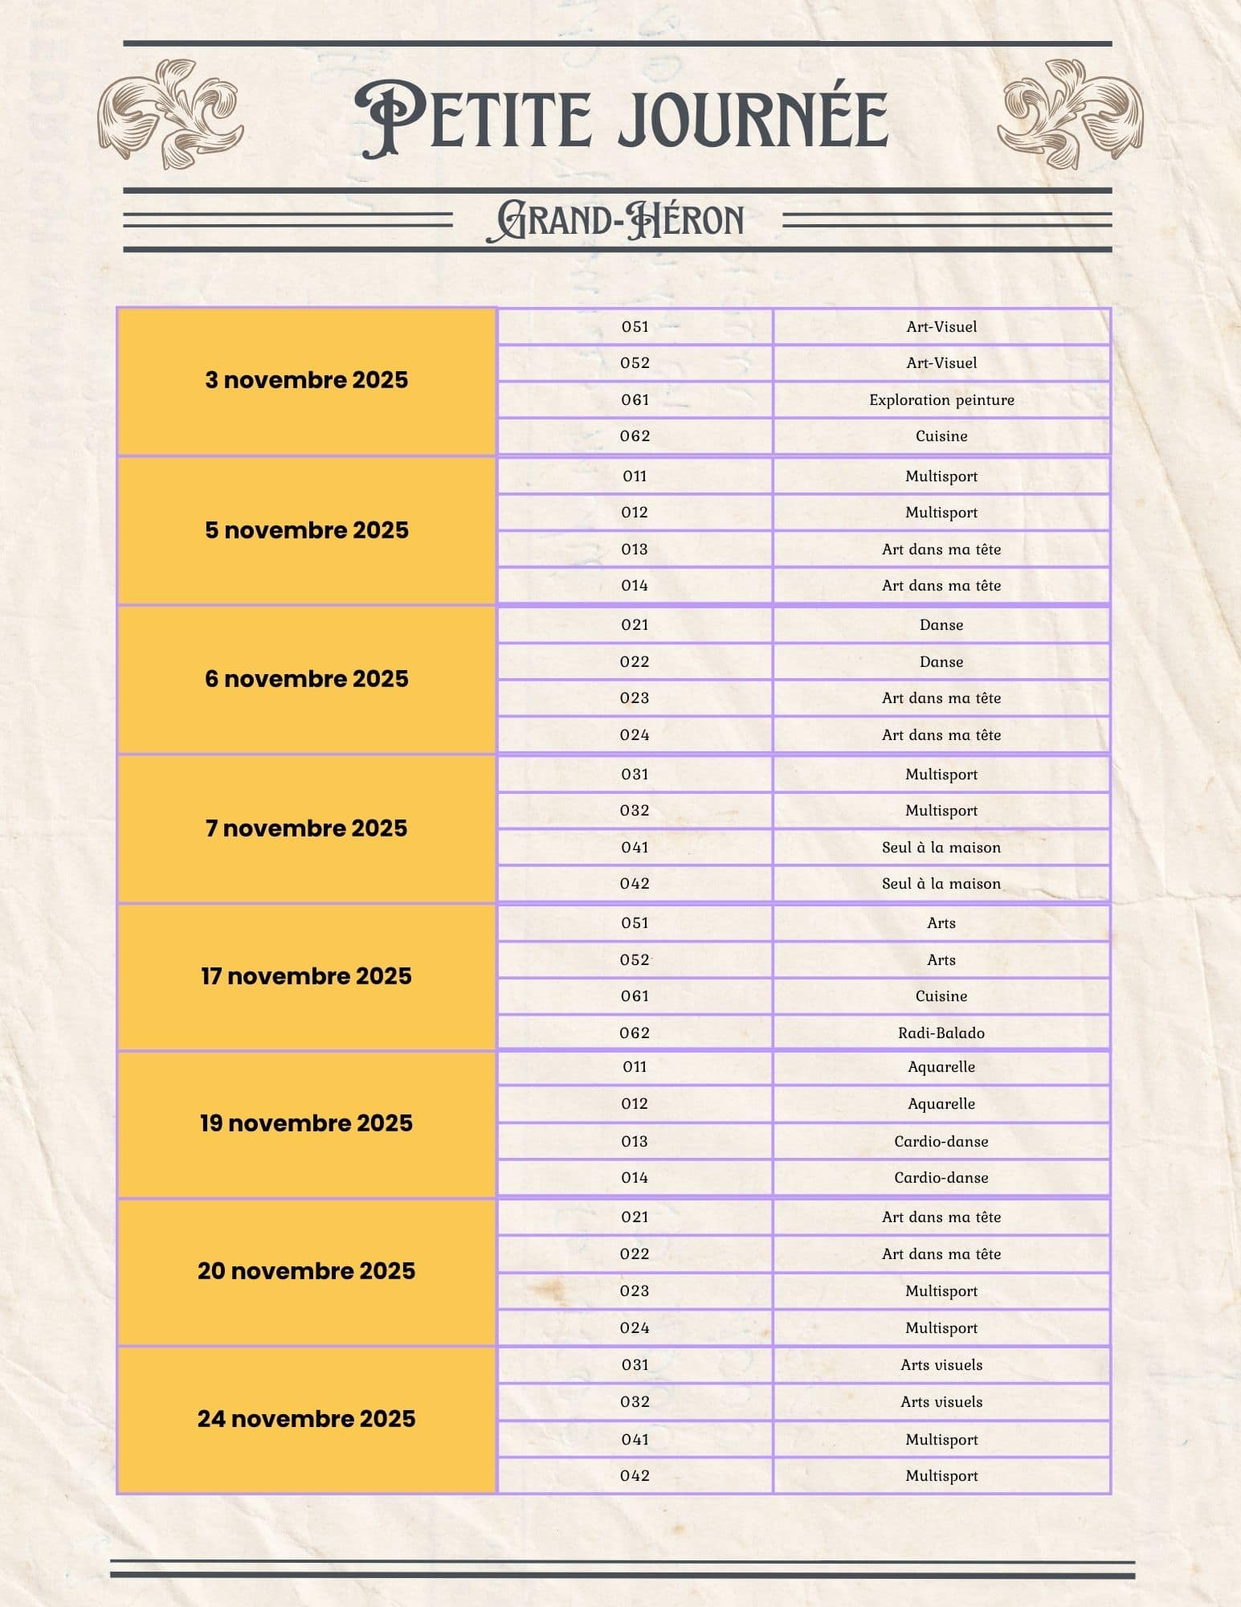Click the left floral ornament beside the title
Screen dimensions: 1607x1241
[169, 112]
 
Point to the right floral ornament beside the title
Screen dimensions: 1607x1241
[1071, 112]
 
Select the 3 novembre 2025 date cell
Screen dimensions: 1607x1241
[306, 380]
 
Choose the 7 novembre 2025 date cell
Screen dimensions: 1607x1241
[306, 828]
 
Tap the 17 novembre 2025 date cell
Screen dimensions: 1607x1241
[306, 976]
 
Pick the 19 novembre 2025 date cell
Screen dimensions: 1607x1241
[306, 1123]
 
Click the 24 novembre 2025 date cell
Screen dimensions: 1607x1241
[306, 1419]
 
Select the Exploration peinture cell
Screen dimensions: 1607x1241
[941, 400]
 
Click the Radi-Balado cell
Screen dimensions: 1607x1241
[941, 1033]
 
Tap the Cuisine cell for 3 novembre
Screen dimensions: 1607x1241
[941, 436]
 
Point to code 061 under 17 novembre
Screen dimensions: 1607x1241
[635, 996]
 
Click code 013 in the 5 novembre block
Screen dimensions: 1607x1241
[635, 550]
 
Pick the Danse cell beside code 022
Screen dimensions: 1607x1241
[941, 662]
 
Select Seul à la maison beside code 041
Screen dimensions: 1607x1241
[941, 848]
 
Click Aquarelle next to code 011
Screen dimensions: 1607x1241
[941, 1067]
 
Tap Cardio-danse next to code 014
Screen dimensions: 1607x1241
[941, 1178]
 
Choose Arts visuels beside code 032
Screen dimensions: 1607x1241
[941, 1402]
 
